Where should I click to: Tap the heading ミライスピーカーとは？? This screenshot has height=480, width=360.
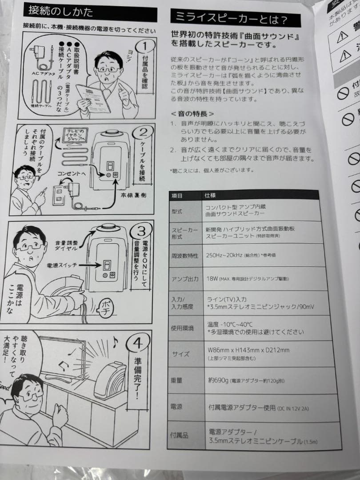click(x=229, y=19)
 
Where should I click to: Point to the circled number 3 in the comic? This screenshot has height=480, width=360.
click(x=141, y=231)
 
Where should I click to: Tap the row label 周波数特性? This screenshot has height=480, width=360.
click(x=184, y=256)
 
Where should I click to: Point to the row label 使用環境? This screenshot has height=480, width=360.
click(x=183, y=328)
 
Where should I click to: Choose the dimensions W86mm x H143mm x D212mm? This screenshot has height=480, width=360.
click(x=248, y=350)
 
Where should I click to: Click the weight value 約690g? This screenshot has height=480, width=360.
click(x=219, y=381)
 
